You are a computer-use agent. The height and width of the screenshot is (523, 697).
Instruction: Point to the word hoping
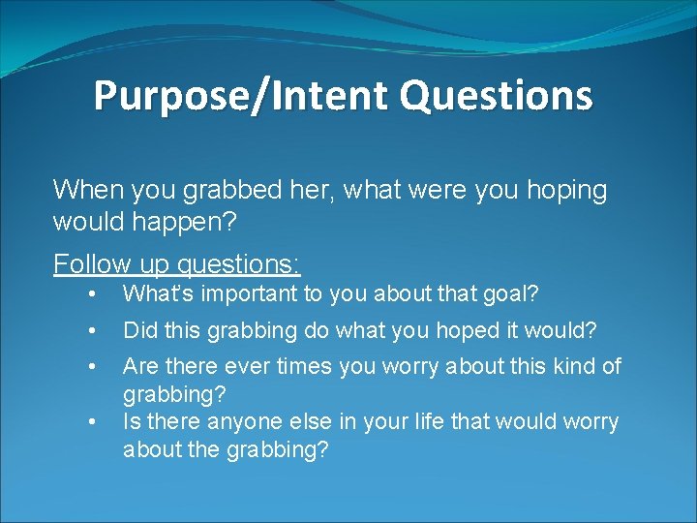(x=565, y=190)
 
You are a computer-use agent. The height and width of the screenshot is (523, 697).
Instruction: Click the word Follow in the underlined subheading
(x=86, y=263)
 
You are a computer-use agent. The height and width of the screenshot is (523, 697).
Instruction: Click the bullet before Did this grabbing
(x=90, y=331)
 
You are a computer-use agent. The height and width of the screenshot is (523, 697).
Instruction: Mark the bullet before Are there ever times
(x=90, y=367)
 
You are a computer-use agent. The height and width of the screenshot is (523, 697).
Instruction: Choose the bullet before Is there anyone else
(x=90, y=422)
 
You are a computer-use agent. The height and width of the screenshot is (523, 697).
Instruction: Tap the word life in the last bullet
(x=442, y=422)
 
